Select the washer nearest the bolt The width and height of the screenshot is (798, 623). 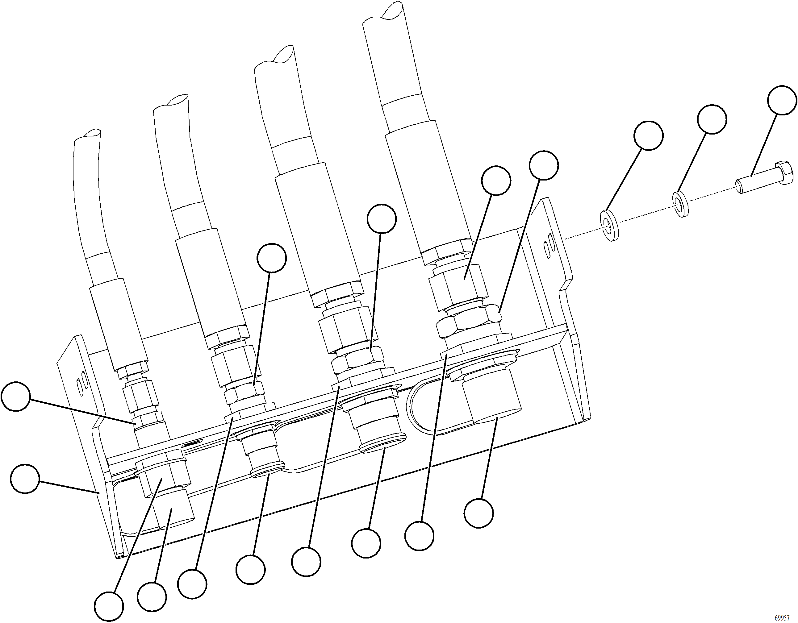(x=680, y=205)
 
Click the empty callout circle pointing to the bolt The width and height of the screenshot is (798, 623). (x=782, y=100)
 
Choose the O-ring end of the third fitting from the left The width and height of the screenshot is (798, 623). (x=382, y=447)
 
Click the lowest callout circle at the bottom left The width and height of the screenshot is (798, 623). (x=109, y=607)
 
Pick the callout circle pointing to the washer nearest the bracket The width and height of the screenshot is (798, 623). (x=648, y=135)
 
